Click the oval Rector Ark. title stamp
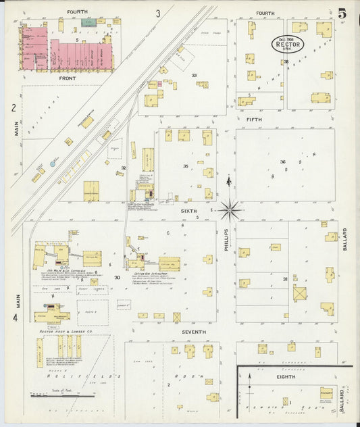[x=288, y=43]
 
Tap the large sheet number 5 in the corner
[x=343, y=14]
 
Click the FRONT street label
[x=67, y=78]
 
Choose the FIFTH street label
[x=254, y=119]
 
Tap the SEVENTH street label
[x=193, y=332]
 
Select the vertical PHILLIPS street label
[x=227, y=240]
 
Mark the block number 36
[x=283, y=161]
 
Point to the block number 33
[x=194, y=75]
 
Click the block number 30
[x=117, y=278]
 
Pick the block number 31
[x=285, y=279]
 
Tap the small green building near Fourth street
[x=88, y=22]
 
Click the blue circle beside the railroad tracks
[x=54, y=163]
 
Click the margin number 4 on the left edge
[x=14, y=317]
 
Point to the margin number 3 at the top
[x=158, y=13]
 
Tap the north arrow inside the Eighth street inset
[x=250, y=378]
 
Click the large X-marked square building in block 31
[x=299, y=294]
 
